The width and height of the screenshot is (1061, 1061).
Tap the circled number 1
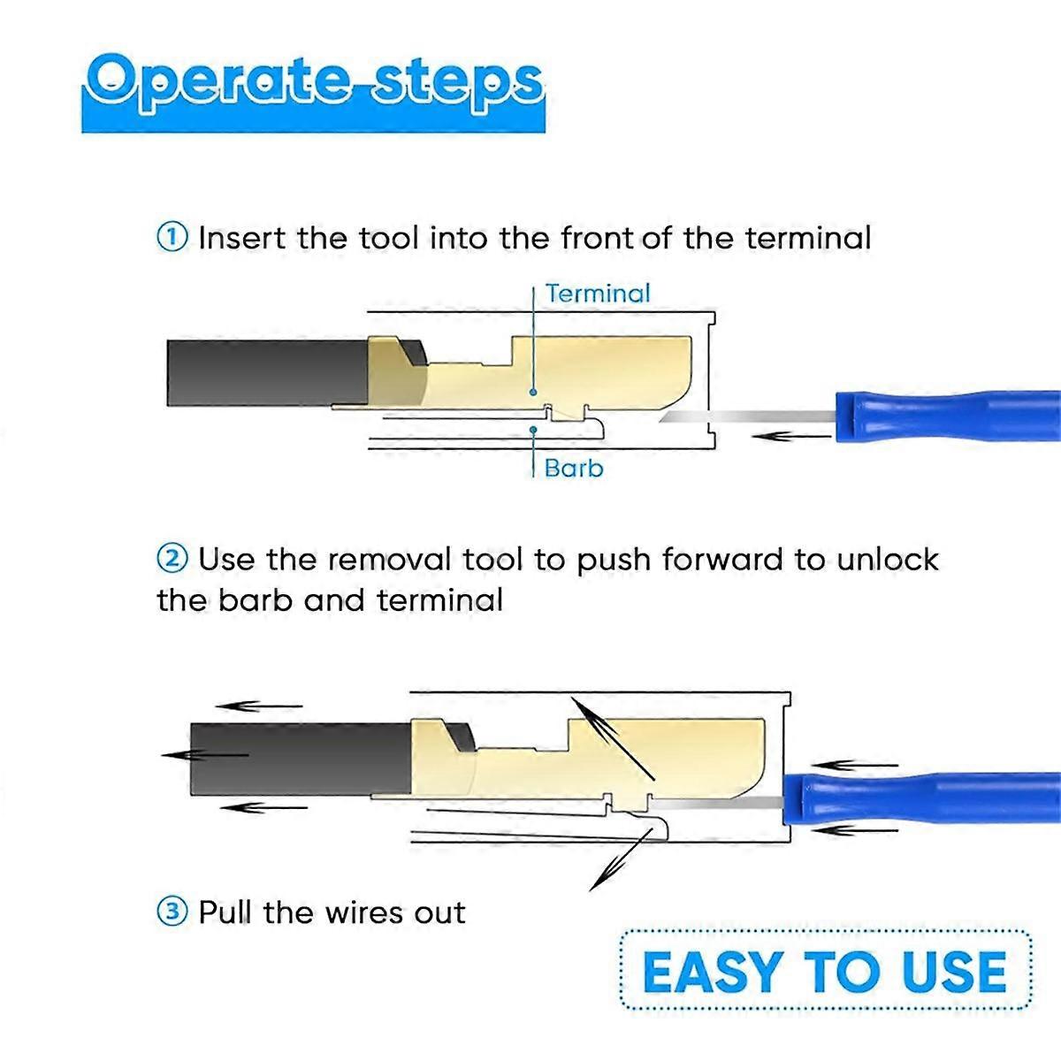172,237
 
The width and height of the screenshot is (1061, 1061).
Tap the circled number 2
172,559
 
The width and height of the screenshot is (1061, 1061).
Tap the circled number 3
172,912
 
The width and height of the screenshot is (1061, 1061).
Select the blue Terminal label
598,293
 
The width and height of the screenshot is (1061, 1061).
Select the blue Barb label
574,469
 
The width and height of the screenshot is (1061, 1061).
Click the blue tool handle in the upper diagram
948,416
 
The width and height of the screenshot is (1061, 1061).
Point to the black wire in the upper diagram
268,373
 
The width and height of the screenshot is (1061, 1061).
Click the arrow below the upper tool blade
791,437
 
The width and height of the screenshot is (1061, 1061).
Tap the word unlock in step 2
888,560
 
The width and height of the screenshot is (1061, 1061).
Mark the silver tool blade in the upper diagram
747,416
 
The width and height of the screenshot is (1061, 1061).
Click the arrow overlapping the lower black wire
204,755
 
